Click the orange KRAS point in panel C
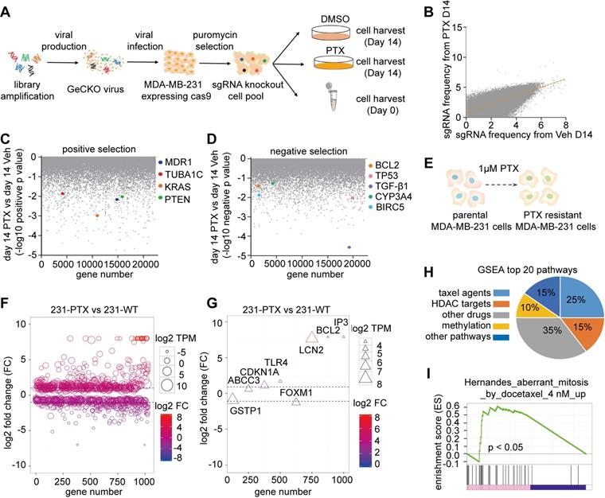tap(97, 216)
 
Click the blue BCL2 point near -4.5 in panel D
tap(349, 247)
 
